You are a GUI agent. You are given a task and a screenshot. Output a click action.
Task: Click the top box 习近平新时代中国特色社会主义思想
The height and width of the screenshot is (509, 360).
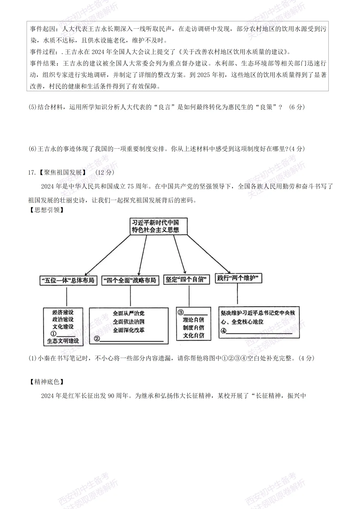click(158, 226)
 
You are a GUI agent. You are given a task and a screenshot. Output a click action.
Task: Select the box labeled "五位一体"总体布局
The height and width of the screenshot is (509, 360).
click(68, 280)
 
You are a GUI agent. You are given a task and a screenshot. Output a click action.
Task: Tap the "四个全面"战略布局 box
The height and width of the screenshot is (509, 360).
click(129, 280)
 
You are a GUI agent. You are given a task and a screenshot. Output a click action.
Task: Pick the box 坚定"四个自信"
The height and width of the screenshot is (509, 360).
click(186, 279)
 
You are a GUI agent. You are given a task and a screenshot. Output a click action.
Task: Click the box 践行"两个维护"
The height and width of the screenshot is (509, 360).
click(238, 278)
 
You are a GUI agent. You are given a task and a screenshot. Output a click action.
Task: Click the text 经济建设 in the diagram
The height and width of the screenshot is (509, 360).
click(63, 312)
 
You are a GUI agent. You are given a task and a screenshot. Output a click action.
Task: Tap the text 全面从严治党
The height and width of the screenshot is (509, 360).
click(128, 313)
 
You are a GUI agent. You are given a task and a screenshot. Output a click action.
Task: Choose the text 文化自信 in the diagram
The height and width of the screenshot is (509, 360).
click(193, 335)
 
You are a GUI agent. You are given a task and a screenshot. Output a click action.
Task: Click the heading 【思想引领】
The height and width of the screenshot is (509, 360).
click(46, 210)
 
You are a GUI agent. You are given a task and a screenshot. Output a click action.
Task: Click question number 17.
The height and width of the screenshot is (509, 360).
click(32, 173)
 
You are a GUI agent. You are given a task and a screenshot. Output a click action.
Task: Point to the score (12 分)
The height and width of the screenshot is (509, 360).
click(105, 173)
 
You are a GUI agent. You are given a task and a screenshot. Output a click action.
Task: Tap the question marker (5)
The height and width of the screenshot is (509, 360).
click(32, 107)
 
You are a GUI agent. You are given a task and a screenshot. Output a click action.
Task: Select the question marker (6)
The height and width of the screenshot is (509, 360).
click(32, 149)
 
